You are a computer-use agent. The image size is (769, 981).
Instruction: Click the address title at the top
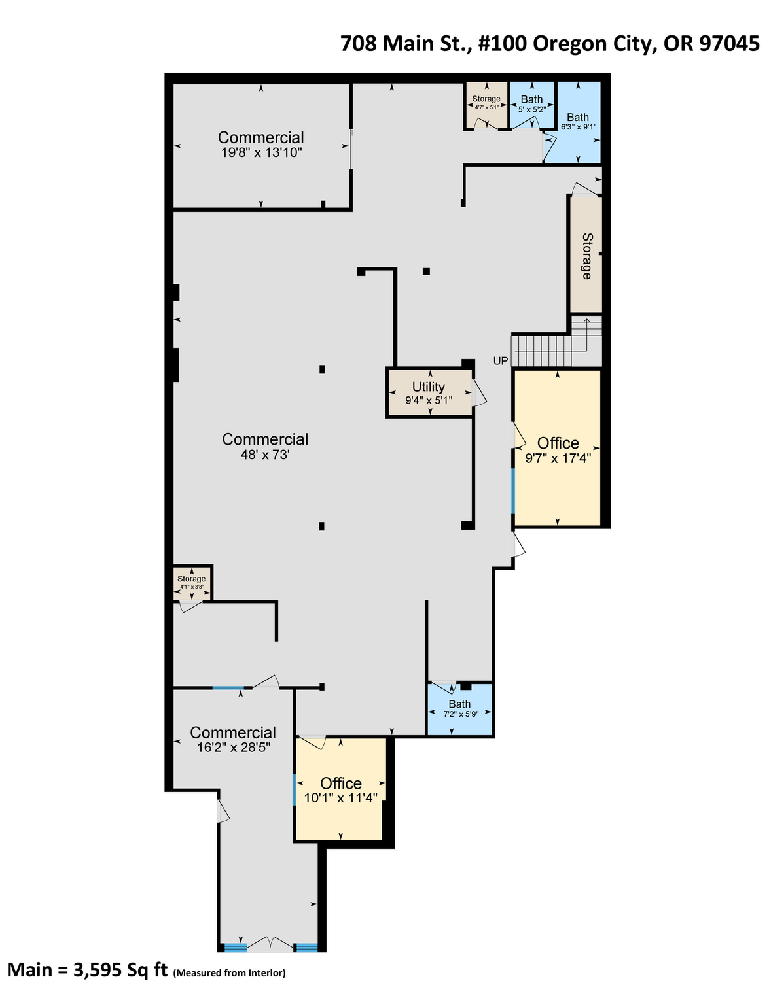tap(550, 44)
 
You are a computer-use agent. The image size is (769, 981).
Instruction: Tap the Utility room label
tap(429, 387)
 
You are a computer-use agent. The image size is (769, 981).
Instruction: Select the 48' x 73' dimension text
tap(265, 455)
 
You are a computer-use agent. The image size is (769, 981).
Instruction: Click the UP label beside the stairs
tap(500, 361)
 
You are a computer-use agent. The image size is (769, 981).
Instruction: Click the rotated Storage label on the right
tap(587, 256)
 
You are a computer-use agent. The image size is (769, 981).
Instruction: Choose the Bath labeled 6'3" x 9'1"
tap(579, 122)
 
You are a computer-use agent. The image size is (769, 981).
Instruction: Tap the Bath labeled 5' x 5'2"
tap(531, 103)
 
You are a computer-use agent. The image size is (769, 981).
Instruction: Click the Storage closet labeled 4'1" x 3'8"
tap(192, 582)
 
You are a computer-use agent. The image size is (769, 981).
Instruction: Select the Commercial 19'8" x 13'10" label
tap(261, 144)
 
